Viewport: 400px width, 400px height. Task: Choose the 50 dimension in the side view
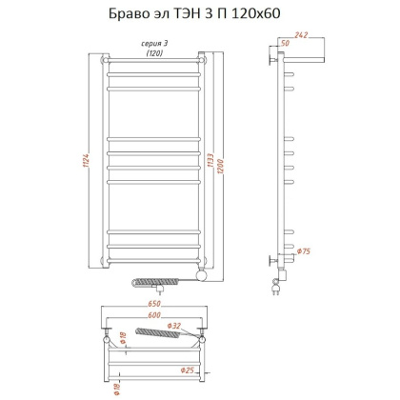coord(284,44)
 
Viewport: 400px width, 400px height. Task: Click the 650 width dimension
coord(157,310)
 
